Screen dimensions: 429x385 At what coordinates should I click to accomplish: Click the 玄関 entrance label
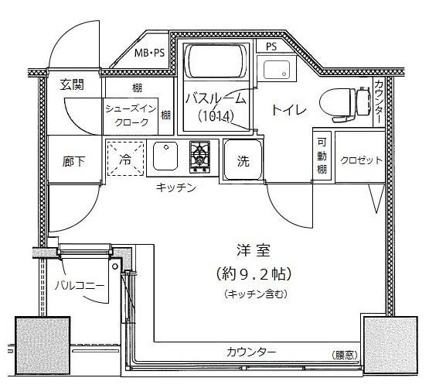click(x=72, y=84)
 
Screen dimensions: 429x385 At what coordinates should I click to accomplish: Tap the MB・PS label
click(x=149, y=53)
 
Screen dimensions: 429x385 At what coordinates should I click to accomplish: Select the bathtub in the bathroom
click(x=216, y=61)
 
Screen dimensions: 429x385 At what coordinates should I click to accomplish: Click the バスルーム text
click(x=216, y=98)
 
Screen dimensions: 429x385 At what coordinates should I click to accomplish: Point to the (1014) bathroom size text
click(x=216, y=116)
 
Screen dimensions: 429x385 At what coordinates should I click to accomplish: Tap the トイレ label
click(x=289, y=110)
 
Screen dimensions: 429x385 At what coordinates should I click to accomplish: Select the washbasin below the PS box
click(x=277, y=68)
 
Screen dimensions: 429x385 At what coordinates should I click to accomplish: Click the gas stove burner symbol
click(x=199, y=156)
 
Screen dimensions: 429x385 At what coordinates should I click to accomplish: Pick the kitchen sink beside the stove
click(x=165, y=156)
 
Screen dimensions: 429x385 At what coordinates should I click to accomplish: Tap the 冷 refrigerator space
click(x=125, y=158)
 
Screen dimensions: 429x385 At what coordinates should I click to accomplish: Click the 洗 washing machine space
click(x=243, y=160)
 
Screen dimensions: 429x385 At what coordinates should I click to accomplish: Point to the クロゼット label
click(x=361, y=160)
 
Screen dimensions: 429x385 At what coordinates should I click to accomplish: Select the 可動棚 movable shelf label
click(x=322, y=156)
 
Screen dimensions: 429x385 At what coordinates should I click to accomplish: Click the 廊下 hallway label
click(x=73, y=161)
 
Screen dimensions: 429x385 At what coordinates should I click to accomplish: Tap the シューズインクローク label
click(x=131, y=115)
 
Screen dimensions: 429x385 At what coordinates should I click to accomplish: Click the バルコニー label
click(x=80, y=286)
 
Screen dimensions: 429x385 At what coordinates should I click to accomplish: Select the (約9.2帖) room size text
click(x=253, y=273)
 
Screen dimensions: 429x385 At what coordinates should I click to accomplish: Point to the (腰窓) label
click(x=345, y=356)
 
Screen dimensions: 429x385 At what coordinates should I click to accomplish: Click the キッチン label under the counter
click(x=176, y=187)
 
